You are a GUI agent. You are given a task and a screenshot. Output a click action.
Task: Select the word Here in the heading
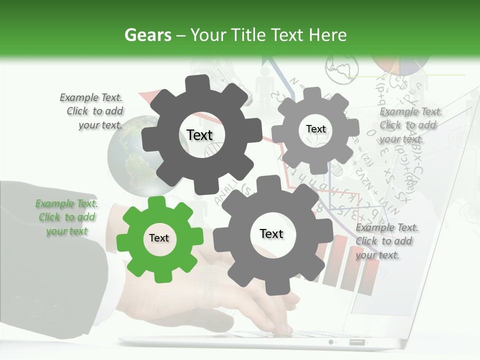point(328,35)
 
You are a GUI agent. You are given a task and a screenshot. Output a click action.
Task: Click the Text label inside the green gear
point(159,238)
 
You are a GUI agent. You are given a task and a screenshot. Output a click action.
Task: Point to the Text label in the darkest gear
point(199,135)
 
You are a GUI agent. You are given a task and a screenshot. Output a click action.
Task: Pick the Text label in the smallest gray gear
point(315,129)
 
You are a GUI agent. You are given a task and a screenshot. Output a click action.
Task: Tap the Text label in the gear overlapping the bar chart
point(271,234)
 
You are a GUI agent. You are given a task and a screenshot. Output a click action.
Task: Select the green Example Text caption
point(66,217)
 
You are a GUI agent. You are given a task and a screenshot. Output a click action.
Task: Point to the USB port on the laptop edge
point(356,342)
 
